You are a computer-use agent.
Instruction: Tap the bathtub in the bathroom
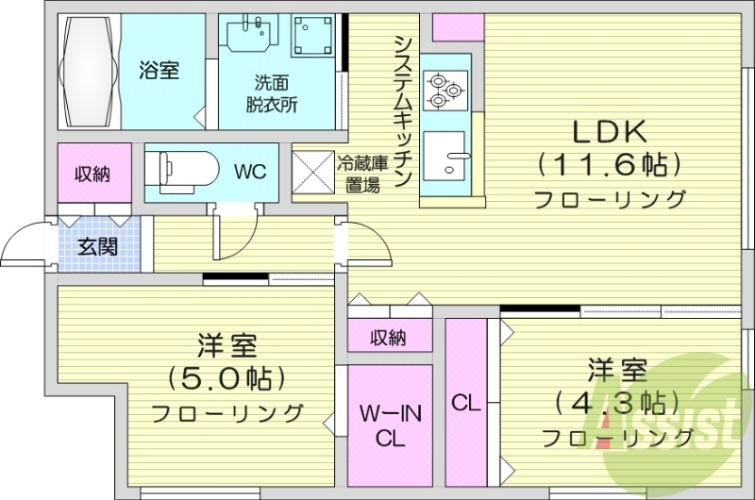click(x=92, y=71)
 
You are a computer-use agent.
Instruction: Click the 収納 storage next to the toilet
click(x=94, y=173)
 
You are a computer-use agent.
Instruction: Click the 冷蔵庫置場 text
click(x=359, y=173)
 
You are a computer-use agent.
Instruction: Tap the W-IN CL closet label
click(x=389, y=425)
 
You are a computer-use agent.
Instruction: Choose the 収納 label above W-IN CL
click(x=389, y=335)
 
